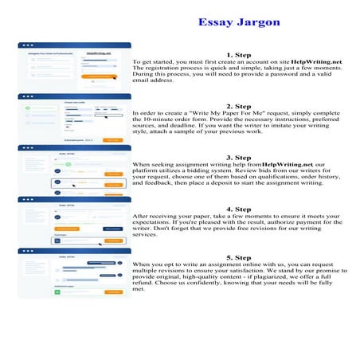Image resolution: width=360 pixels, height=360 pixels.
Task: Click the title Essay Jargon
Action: [239, 22]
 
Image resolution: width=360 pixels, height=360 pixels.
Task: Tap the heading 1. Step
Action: [239, 54]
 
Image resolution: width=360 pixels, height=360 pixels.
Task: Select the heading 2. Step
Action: [239, 106]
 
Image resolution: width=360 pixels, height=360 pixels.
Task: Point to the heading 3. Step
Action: [239, 157]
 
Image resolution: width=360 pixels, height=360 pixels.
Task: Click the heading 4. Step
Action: [239, 208]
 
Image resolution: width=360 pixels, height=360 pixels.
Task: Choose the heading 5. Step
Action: [239, 258]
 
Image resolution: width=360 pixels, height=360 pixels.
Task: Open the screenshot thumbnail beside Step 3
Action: [74, 170]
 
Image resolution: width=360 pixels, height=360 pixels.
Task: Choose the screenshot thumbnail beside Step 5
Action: [74, 274]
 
